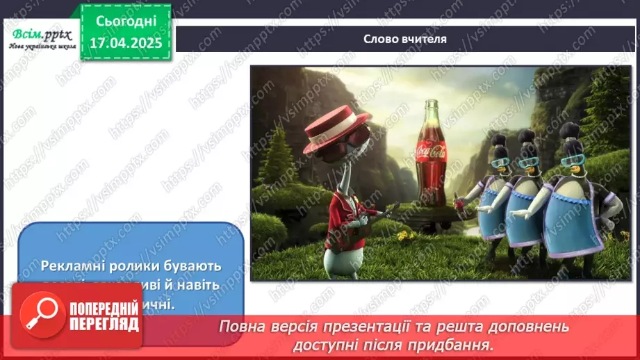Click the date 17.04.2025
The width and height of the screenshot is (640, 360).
point(126,43)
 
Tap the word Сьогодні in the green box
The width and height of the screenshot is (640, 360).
point(126,22)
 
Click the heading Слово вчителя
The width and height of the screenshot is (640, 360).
point(404,39)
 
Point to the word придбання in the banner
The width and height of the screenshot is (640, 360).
point(459,344)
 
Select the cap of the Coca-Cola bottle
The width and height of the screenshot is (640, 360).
point(432,102)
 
